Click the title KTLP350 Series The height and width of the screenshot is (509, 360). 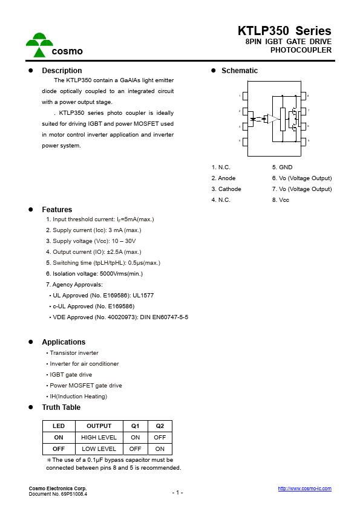tap(284, 31)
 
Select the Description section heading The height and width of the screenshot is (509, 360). tap(62, 71)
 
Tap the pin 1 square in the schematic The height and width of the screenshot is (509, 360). tap(244, 96)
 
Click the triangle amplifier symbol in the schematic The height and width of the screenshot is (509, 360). tap(273, 118)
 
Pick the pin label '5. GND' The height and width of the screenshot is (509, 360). tap(282, 167)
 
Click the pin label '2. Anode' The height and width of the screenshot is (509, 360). tap(223, 178)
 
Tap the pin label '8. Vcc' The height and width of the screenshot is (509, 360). tap(281, 200)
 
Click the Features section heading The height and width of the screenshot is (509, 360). tap(57, 210)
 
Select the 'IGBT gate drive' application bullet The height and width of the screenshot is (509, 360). tap(70, 375)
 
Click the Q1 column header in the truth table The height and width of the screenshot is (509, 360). tap(135, 426)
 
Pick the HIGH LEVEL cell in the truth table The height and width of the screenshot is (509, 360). tap(99, 438)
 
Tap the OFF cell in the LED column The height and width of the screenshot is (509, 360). tap(59, 449)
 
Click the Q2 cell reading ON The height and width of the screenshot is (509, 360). tap(160, 449)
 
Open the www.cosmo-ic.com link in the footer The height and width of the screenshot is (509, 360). tap(304, 488)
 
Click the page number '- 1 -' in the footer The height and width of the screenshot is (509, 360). tap(177, 493)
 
